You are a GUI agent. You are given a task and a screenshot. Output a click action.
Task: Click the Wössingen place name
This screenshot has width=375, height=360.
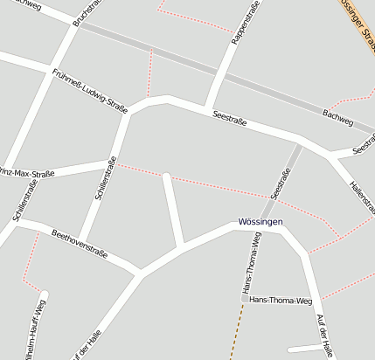click(x=260, y=222)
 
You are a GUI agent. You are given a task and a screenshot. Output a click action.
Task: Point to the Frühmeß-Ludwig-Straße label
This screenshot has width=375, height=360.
click(x=89, y=91)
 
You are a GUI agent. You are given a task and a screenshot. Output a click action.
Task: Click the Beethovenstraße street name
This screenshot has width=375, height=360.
click(x=79, y=244)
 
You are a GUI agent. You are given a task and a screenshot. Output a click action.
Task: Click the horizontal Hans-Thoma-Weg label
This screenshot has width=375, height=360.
click(x=281, y=301)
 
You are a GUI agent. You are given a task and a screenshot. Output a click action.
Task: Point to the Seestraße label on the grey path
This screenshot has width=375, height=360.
click(x=281, y=182)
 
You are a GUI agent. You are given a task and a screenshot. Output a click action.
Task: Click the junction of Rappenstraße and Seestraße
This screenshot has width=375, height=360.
click(x=209, y=104)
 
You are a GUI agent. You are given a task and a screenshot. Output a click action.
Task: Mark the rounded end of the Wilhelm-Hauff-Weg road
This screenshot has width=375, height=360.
click(x=44, y=294)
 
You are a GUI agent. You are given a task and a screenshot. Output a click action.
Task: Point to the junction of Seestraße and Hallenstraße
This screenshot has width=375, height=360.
click(x=331, y=157)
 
